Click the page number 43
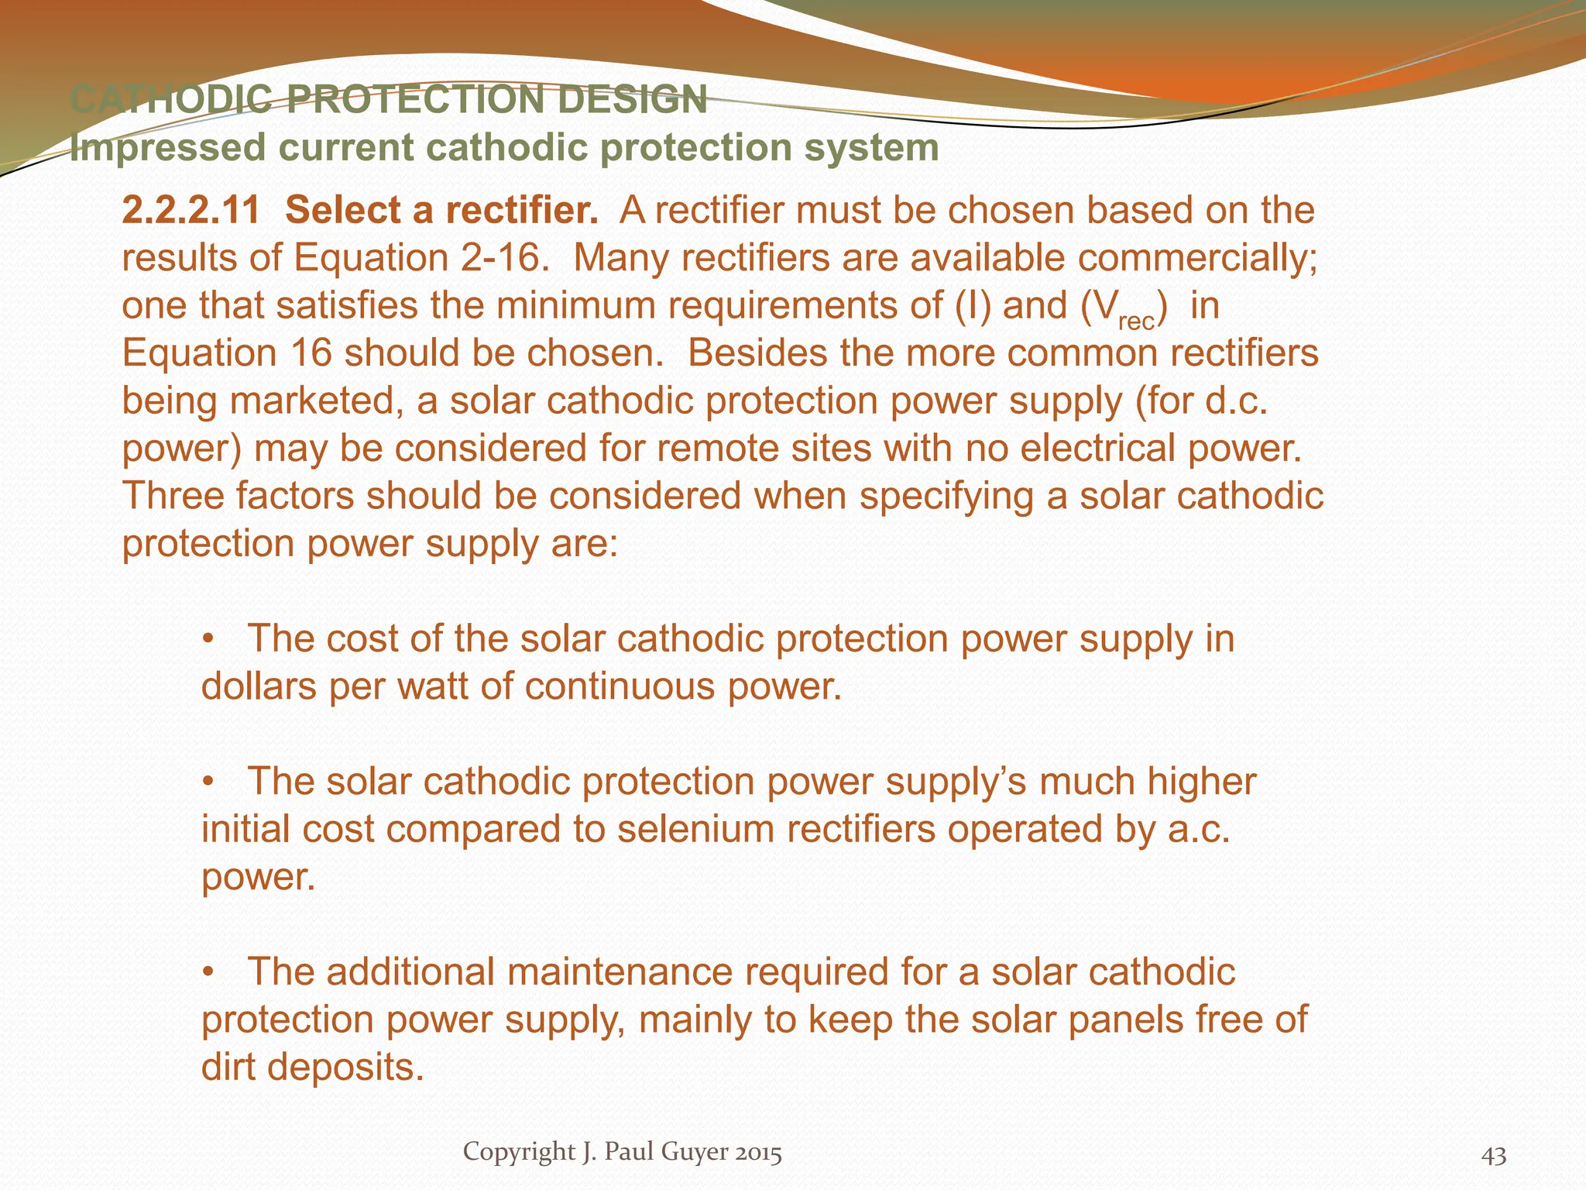[1494, 1156]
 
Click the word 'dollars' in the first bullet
[259, 686]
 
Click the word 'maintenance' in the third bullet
[615, 972]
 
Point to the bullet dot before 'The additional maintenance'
[207, 973]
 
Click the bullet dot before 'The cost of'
[207, 640]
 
